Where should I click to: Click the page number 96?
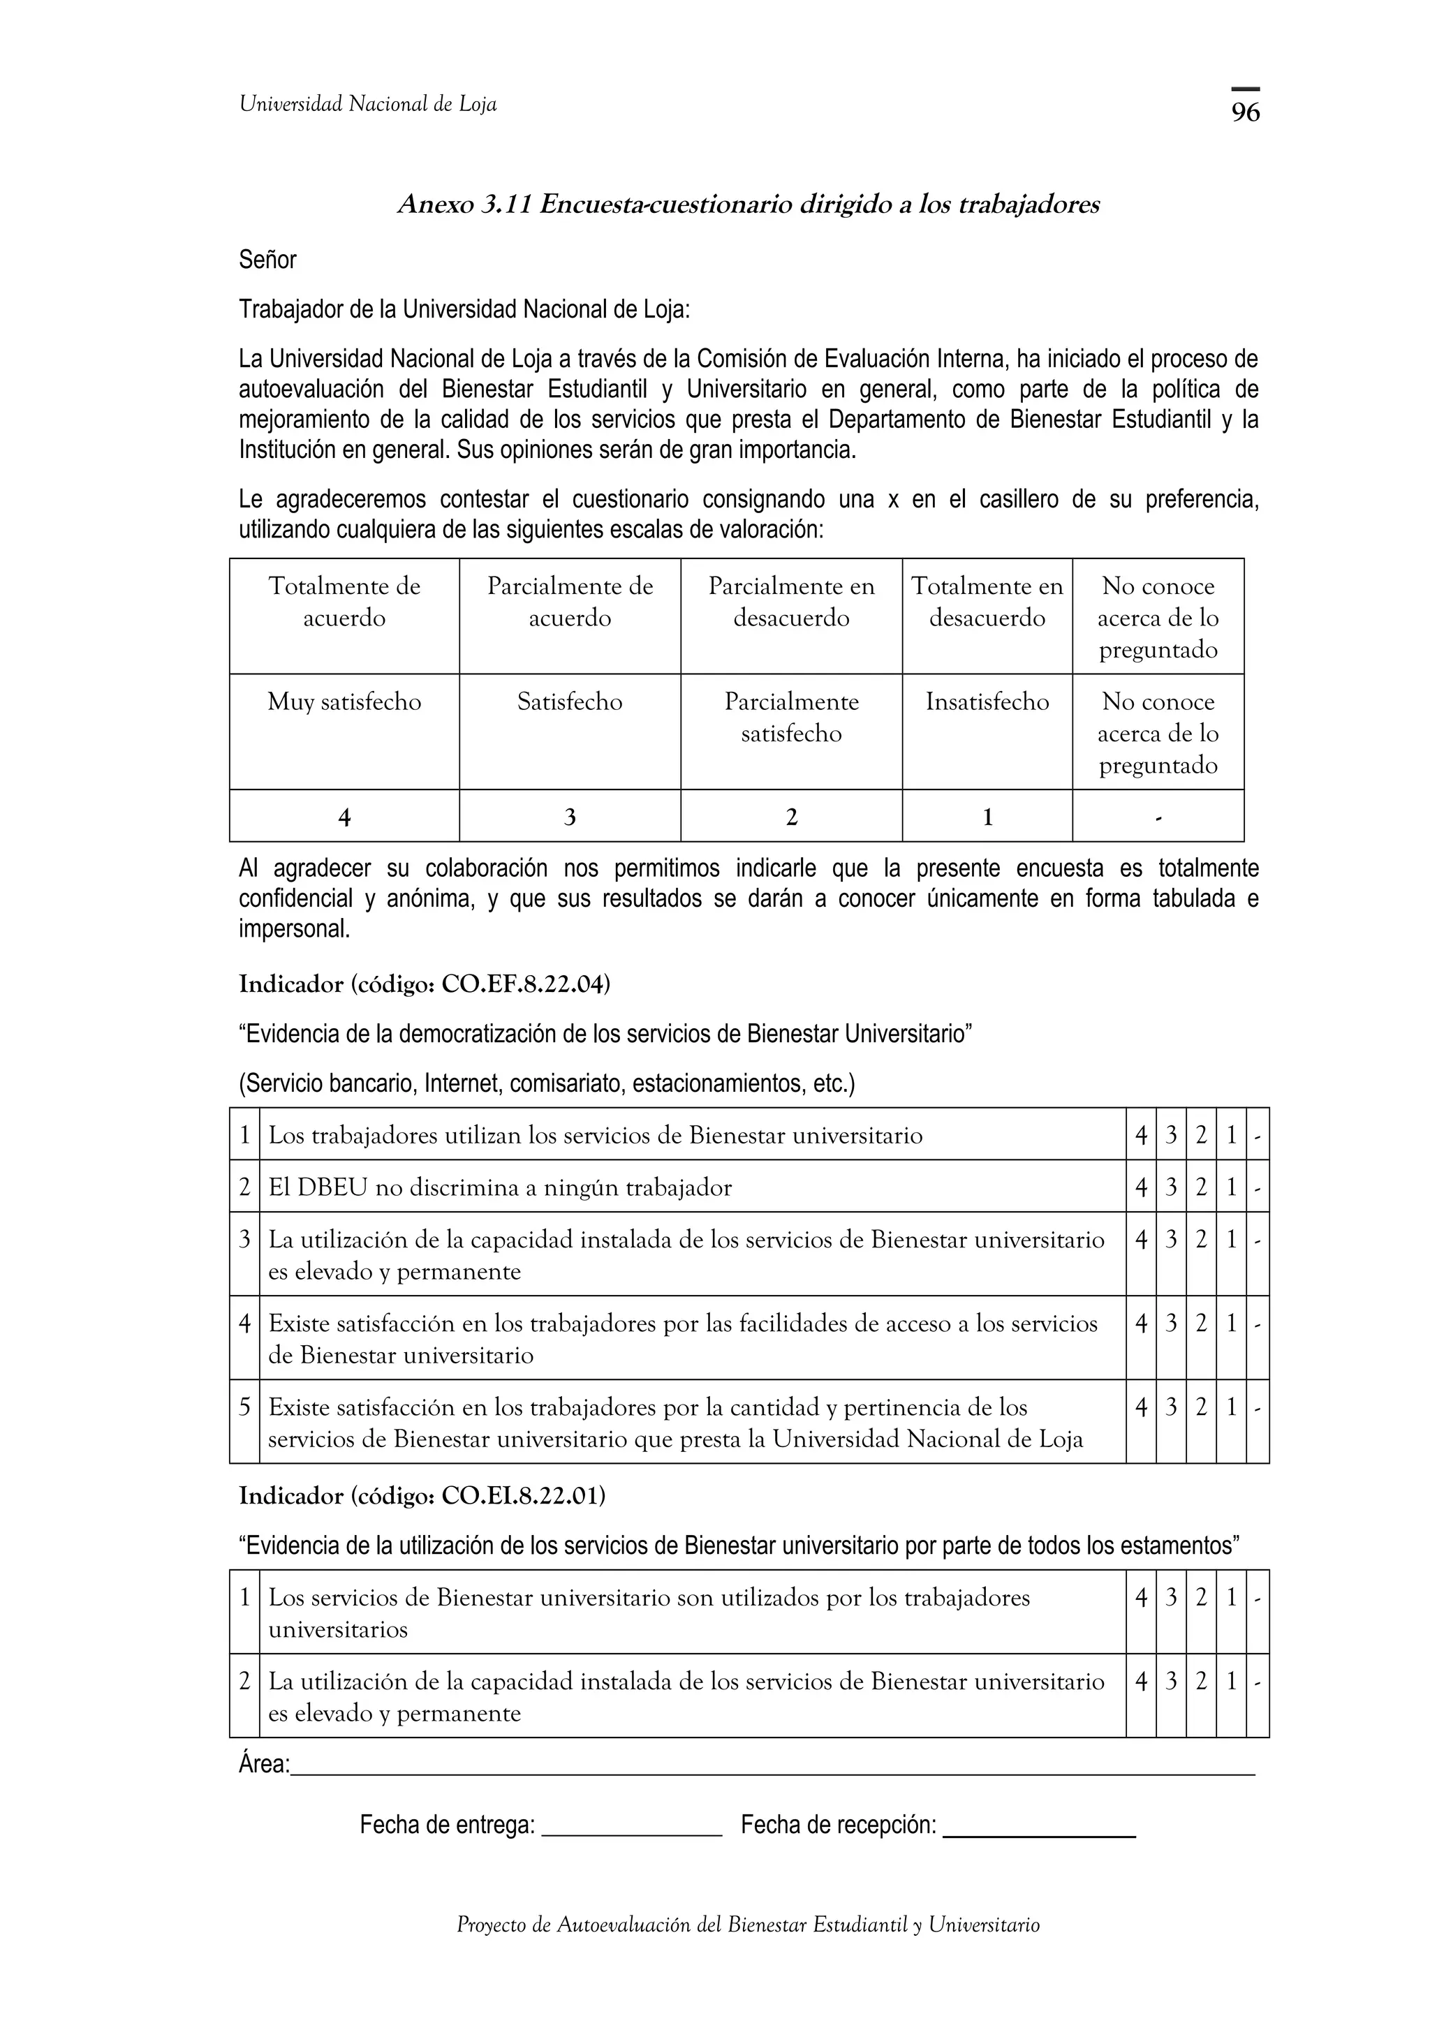[1245, 112]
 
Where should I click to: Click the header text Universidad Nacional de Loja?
[367, 105]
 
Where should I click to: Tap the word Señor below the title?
[268, 260]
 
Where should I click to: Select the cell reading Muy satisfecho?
[344, 702]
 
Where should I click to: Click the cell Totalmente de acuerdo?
[344, 602]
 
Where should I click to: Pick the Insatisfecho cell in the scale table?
[987, 702]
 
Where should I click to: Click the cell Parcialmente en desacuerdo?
[791, 602]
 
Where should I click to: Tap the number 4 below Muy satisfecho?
[344, 817]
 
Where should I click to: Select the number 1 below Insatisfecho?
[987, 817]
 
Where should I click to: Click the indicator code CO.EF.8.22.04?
[525, 984]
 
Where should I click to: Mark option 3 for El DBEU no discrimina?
[1171, 1187]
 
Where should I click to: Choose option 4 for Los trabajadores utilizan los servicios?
[1141, 1136]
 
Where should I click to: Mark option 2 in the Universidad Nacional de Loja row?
[1201, 1408]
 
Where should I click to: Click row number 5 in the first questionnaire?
[245, 1408]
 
